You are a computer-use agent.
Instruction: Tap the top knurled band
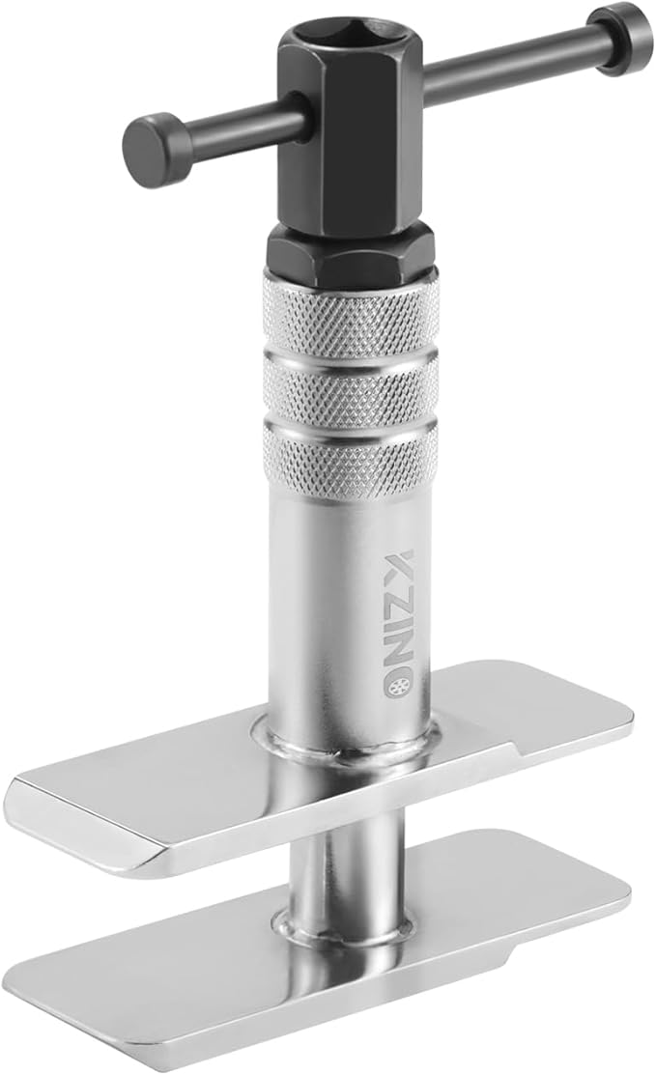click(350, 311)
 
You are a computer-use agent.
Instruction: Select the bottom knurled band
click(350, 454)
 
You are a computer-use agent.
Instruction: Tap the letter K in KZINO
click(399, 565)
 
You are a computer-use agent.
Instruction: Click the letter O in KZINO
click(398, 660)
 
